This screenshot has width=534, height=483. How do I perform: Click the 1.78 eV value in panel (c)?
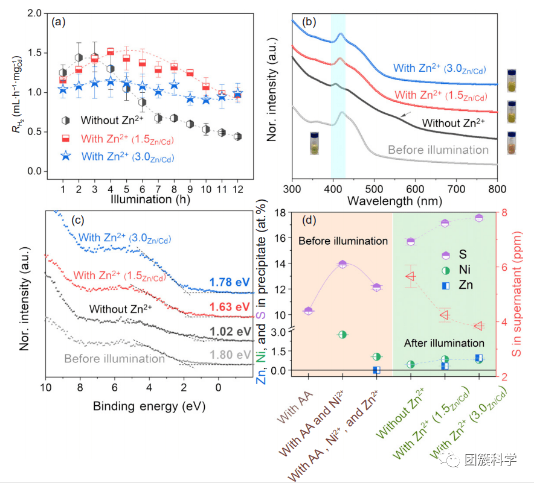click(230, 282)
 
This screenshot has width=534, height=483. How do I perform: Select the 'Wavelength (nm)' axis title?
click(394, 198)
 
